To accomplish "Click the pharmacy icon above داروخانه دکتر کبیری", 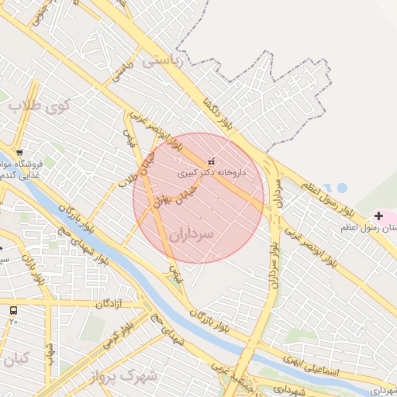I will (x=211, y=161).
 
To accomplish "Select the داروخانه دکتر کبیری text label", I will (x=212, y=174).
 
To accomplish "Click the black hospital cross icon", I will (x=378, y=215).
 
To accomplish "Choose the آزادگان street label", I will (x=110, y=304).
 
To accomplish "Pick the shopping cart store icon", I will (x=19, y=152).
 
